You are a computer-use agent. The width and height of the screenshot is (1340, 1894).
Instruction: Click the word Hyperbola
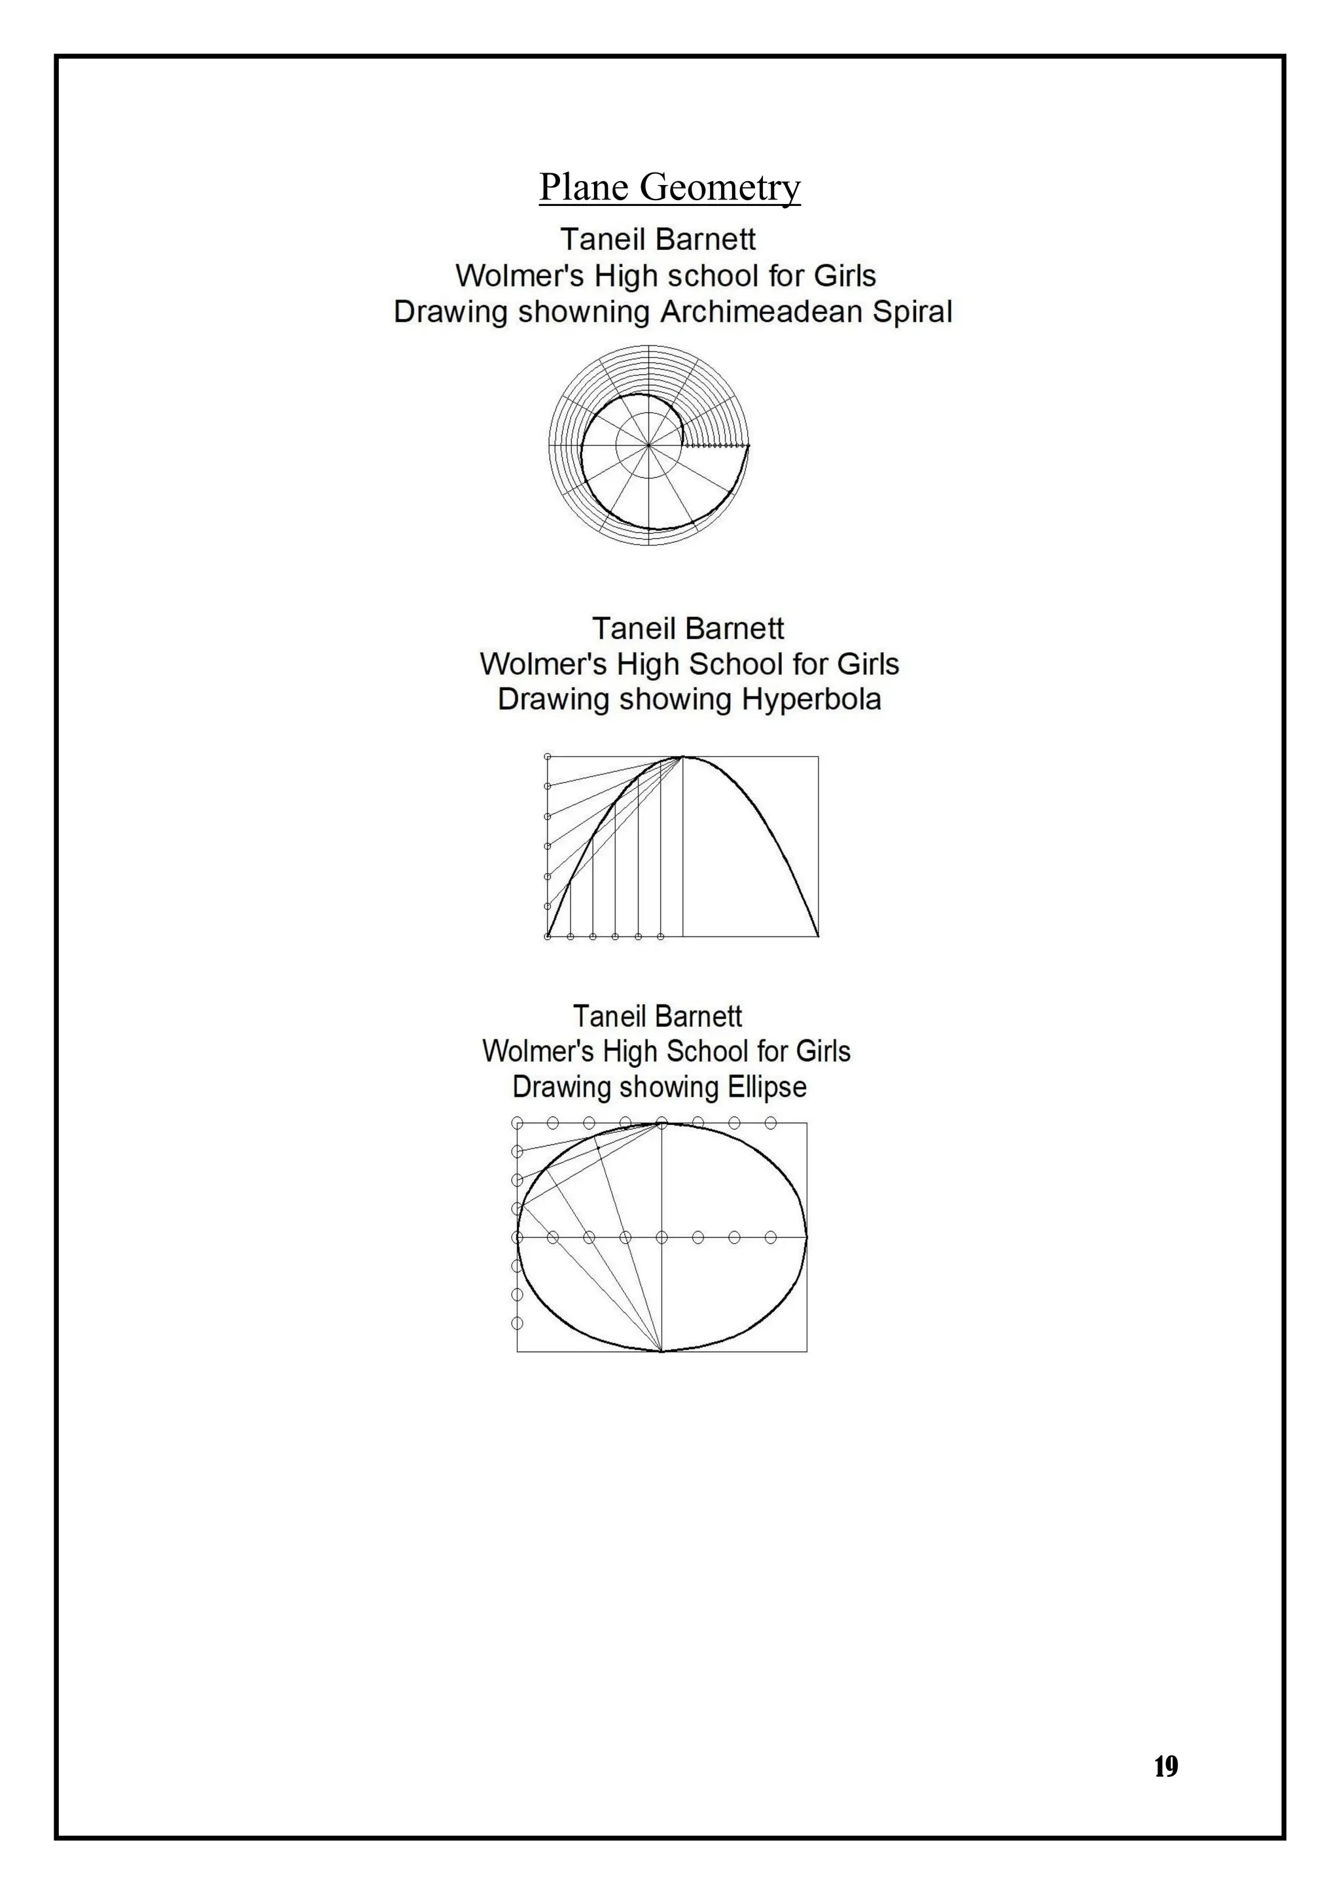811,700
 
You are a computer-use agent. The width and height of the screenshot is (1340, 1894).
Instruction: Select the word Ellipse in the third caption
767,1086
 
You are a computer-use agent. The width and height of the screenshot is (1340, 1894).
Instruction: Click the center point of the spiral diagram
648,445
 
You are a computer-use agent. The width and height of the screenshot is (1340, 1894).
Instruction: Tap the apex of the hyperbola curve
683,757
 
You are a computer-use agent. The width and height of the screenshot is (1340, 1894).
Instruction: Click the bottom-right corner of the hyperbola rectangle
818,937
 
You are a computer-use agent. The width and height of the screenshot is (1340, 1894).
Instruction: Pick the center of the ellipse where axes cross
661,1237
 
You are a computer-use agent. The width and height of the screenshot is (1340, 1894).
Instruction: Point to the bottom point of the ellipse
661,1351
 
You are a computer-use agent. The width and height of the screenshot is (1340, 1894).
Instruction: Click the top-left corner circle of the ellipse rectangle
518,1123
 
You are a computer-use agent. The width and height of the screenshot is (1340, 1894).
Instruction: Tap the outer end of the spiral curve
749,445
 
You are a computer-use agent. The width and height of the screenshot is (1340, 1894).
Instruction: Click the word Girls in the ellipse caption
822,1051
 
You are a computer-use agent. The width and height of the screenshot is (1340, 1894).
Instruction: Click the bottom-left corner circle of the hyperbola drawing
548,937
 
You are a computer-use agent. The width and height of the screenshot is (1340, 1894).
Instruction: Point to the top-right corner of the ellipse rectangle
806,1123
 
